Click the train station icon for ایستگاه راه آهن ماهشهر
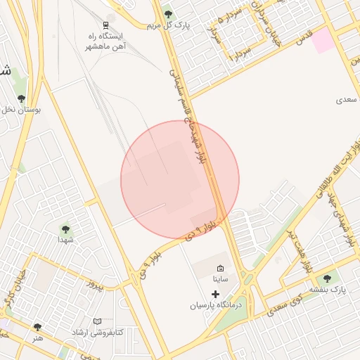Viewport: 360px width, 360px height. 110,23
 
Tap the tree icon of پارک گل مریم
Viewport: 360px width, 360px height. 167,13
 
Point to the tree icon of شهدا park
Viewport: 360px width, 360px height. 65,229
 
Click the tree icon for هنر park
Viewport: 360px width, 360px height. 37,327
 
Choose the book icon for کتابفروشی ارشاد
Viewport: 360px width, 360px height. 97,321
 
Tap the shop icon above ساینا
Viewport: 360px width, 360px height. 220,269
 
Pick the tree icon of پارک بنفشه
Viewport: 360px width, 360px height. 327,278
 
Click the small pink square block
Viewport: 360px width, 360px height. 323,41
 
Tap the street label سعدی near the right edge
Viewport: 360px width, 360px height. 347,101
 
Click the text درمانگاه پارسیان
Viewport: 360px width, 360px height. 216,306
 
